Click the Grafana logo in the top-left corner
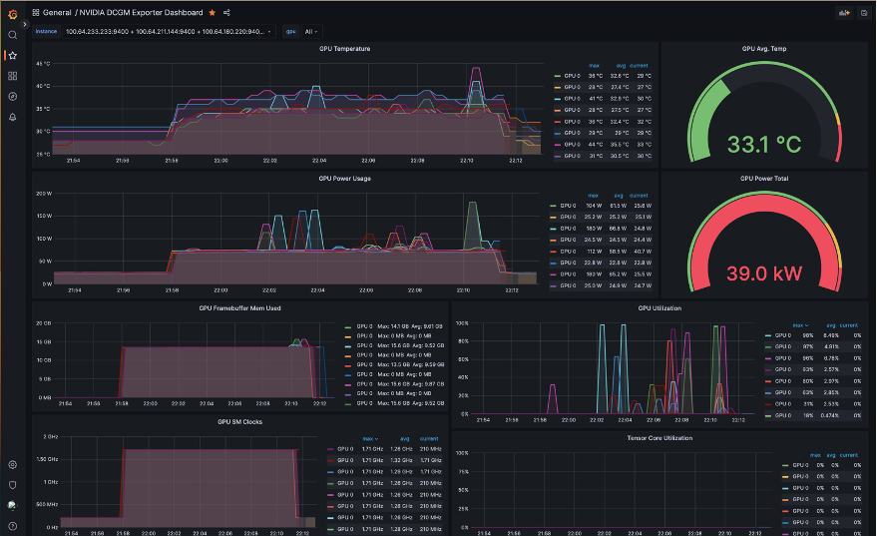click(12, 12)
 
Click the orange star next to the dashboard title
click(212, 13)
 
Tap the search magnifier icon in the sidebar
click(12, 35)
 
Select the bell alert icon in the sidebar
click(12, 117)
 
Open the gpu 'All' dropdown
click(311, 31)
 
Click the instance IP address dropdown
click(168, 31)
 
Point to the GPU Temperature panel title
click(344, 48)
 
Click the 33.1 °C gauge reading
click(763, 145)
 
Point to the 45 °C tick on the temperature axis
click(42, 64)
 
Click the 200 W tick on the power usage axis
click(43, 193)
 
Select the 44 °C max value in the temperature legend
click(595, 145)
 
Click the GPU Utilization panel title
click(659, 308)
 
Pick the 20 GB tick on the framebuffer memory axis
click(44, 323)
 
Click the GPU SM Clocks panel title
click(239, 421)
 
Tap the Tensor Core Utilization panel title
click(659, 437)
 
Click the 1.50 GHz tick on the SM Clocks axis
click(46, 458)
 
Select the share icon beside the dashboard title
click(226, 13)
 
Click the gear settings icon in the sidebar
click(12, 464)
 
